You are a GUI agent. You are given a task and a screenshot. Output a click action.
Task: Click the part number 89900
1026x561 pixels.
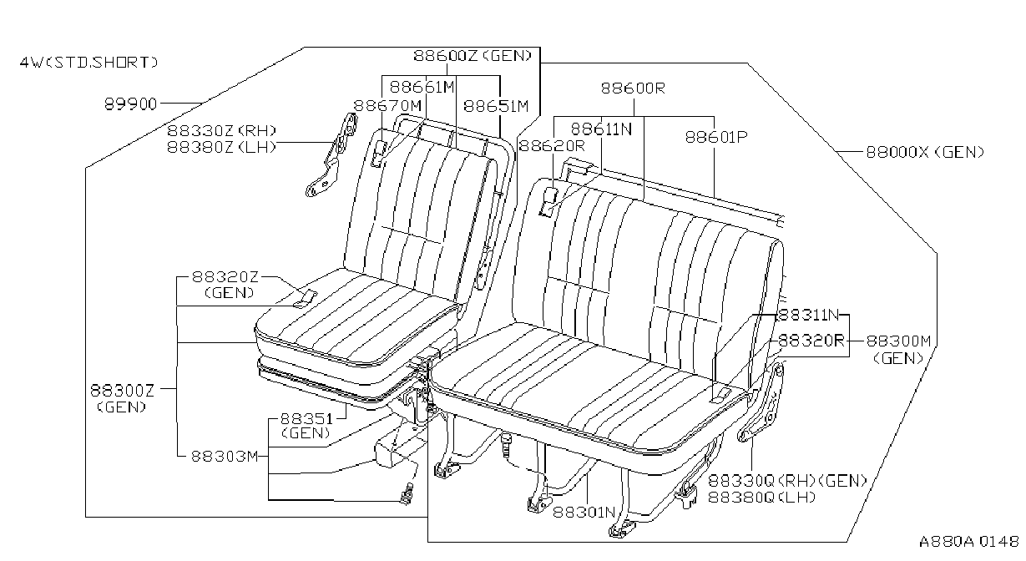[130, 104]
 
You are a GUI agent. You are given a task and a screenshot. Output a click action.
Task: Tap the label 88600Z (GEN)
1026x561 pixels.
[473, 55]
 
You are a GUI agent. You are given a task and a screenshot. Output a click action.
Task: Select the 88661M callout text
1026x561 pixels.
[422, 87]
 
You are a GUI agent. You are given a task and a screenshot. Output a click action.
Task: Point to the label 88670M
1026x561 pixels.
[387, 106]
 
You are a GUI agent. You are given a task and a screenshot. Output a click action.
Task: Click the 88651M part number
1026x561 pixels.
[496, 106]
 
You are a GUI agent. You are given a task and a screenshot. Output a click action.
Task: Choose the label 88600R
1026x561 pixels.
[633, 88]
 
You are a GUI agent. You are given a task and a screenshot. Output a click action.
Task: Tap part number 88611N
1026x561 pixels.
[601, 129]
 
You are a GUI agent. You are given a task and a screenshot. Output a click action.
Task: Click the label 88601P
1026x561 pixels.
[716, 137]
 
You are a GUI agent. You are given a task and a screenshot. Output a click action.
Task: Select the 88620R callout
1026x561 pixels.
[552, 145]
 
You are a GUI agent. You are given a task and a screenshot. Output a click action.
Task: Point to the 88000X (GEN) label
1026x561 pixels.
[925, 152]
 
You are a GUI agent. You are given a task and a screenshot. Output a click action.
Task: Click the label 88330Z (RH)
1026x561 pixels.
[222, 131]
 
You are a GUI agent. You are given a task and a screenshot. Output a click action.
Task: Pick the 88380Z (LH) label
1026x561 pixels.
[222, 147]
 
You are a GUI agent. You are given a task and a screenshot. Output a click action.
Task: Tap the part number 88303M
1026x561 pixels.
[225, 457]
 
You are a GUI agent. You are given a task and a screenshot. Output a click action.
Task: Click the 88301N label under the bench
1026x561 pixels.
[584, 512]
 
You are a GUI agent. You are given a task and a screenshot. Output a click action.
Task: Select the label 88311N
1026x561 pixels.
[809, 315]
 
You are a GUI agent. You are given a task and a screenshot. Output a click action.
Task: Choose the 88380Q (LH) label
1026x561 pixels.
[762, 497]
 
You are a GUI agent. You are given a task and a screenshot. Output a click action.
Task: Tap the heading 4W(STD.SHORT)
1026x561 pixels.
[88, 63]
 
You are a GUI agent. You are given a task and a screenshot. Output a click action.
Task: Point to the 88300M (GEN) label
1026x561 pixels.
[898, 349]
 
